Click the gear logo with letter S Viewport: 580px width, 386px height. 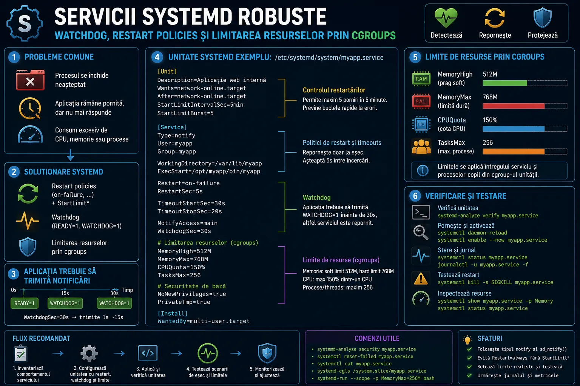[x=25, y=23]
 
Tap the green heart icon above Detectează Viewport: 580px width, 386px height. [x=446, y=18]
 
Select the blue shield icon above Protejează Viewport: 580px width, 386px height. [x=543, y=18]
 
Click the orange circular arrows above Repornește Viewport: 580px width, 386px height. [x=495, y=18]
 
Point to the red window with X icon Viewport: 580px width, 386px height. [x=30, y=80]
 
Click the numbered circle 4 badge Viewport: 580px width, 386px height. [x=157, y=57]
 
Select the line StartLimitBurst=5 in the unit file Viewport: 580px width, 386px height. [x=185, y=113]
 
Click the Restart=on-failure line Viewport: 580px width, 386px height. [x=188, y=183]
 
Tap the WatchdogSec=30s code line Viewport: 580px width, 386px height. [x=184, y=231]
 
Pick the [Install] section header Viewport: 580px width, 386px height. [x=173, y=313]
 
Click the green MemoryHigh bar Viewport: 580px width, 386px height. [x=505, y=83]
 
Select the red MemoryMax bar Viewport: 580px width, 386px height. [x=514, y=106]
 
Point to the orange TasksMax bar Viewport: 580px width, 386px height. [x=514, y=152]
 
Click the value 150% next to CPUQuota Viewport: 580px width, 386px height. [x=490, y=120]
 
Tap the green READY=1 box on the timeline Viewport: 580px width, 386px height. [x=24, y=303]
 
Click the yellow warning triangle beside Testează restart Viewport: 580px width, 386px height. [x=421, y=279]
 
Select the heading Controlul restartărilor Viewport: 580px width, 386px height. [x=334, y=90]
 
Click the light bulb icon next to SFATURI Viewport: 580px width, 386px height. [x=467, y=340]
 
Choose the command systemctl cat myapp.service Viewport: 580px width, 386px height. [x=355, y=363]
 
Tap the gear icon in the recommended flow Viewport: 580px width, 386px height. [x=89, y=353]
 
